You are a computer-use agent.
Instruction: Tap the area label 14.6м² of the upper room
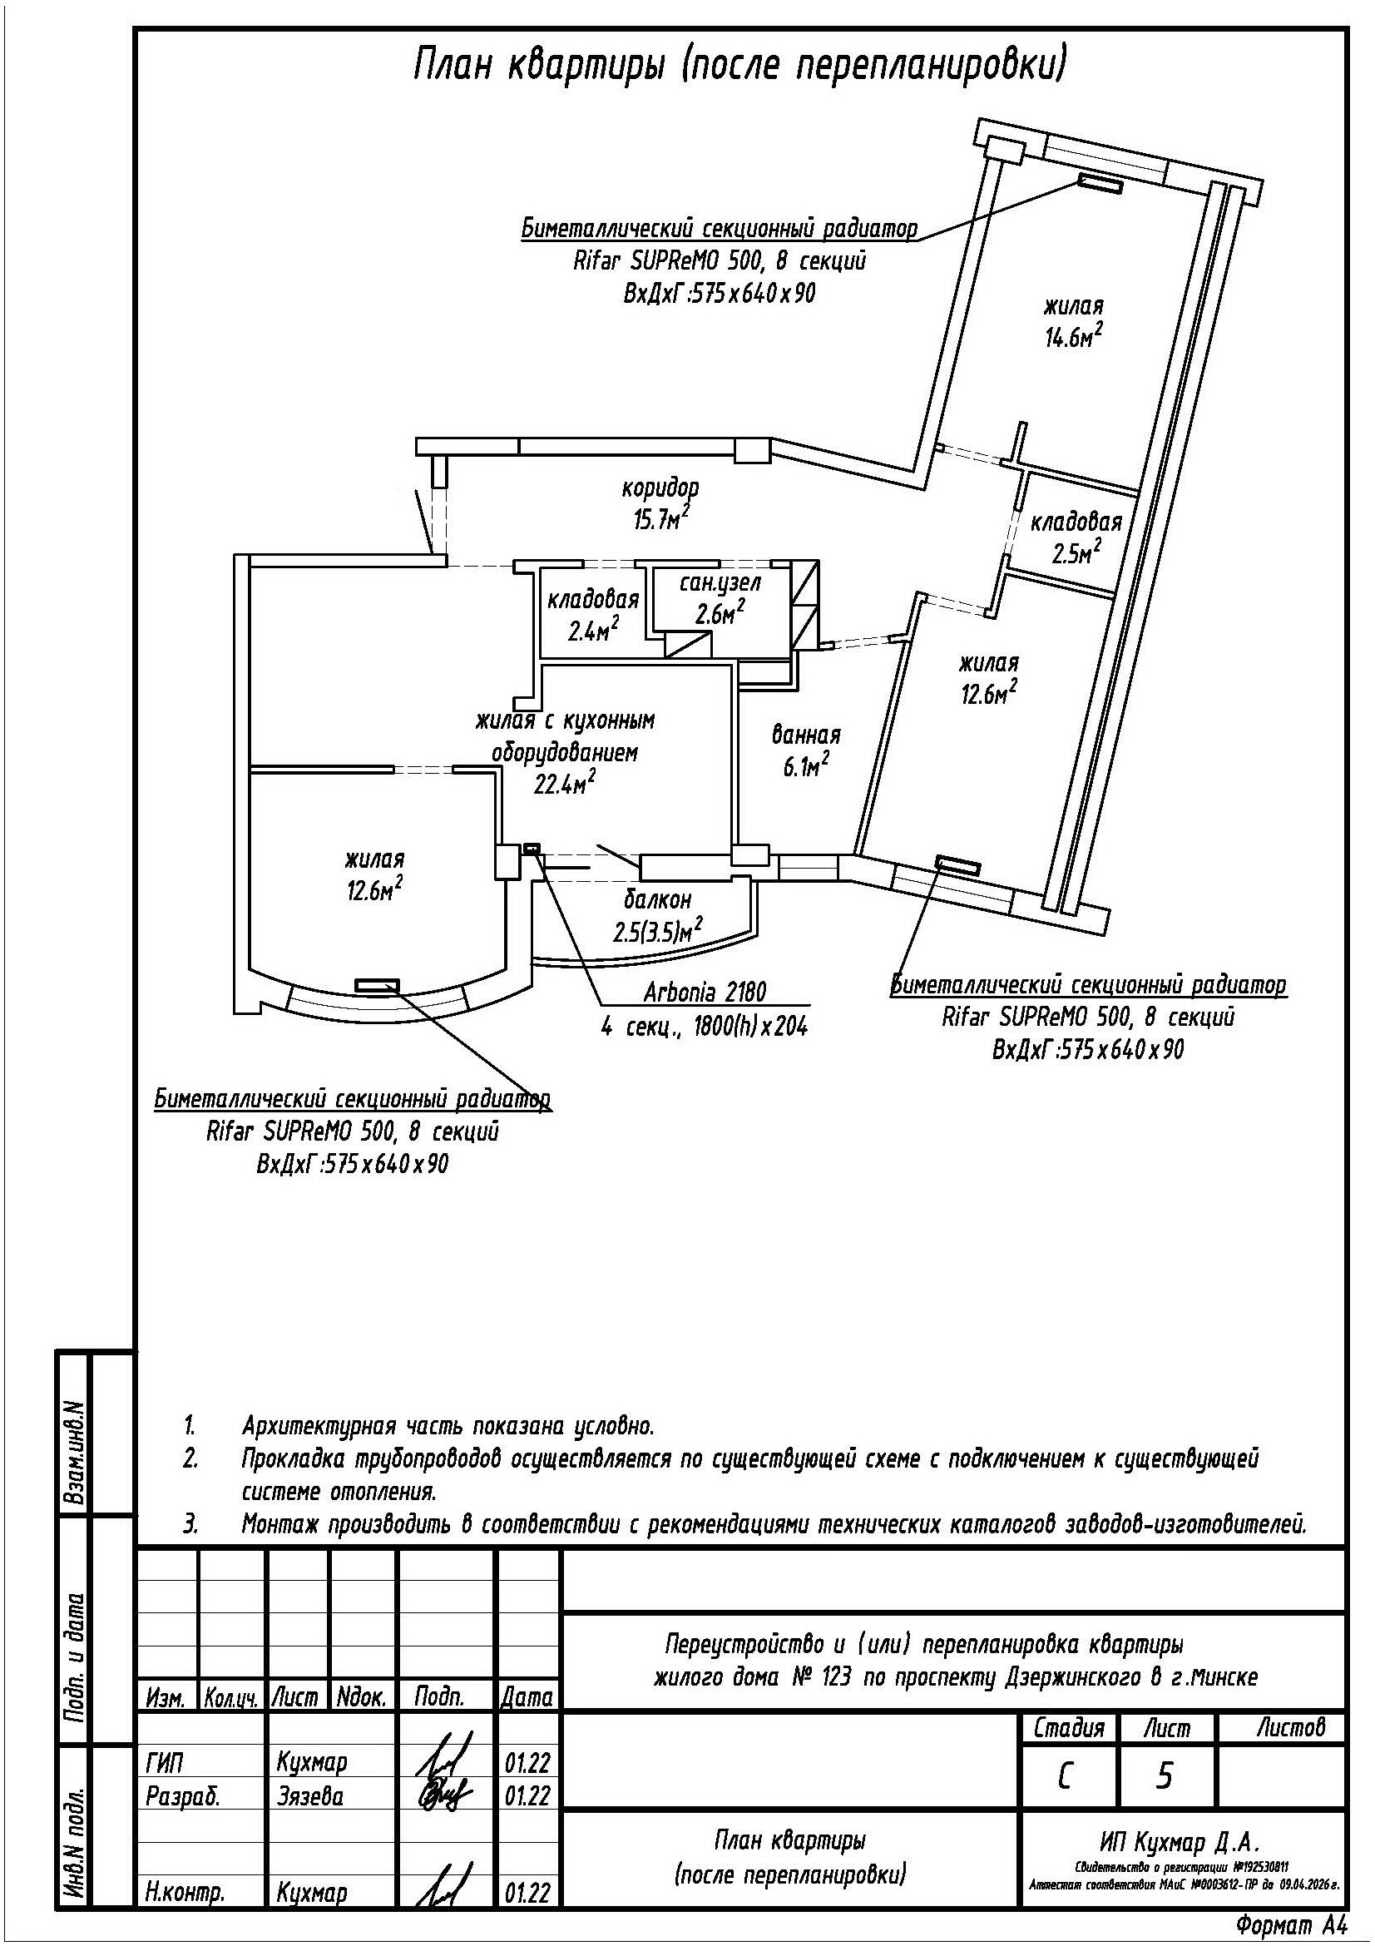(1073, 335)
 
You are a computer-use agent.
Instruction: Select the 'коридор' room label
(660, 488)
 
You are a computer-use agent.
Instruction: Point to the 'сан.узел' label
(720, 583)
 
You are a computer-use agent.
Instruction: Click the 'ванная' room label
(806, 735)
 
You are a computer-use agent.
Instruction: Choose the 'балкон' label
(657, 899)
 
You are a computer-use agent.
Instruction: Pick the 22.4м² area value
(563, 783)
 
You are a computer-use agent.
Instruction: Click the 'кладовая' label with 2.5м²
(1076, 522)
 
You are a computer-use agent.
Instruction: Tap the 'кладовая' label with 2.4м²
(592, 600)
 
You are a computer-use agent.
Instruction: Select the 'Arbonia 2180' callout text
(705, 992)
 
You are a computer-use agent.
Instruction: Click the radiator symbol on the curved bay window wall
(377, 984)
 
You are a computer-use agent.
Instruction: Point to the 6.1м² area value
(804, 767)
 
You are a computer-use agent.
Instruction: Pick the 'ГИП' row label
(164, 1762)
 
